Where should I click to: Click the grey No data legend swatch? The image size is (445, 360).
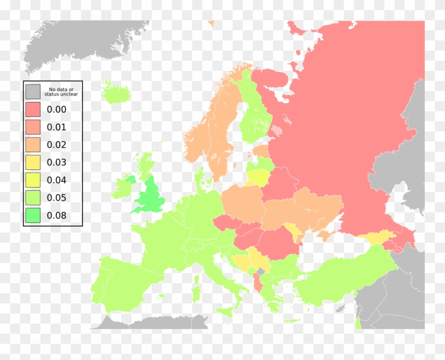pos(33,92)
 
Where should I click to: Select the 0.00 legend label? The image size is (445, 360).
pos(57,109)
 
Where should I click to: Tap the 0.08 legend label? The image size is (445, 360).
pos(57,215)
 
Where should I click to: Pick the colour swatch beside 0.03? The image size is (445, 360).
pos(33,162)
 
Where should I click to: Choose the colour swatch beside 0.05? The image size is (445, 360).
pos(33,198)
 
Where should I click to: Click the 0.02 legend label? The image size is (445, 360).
pos(57,145)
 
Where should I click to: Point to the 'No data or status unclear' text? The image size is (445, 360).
pos(61,92)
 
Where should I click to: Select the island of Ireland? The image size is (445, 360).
pos(123,187)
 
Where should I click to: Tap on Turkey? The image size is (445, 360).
pos(344,283)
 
